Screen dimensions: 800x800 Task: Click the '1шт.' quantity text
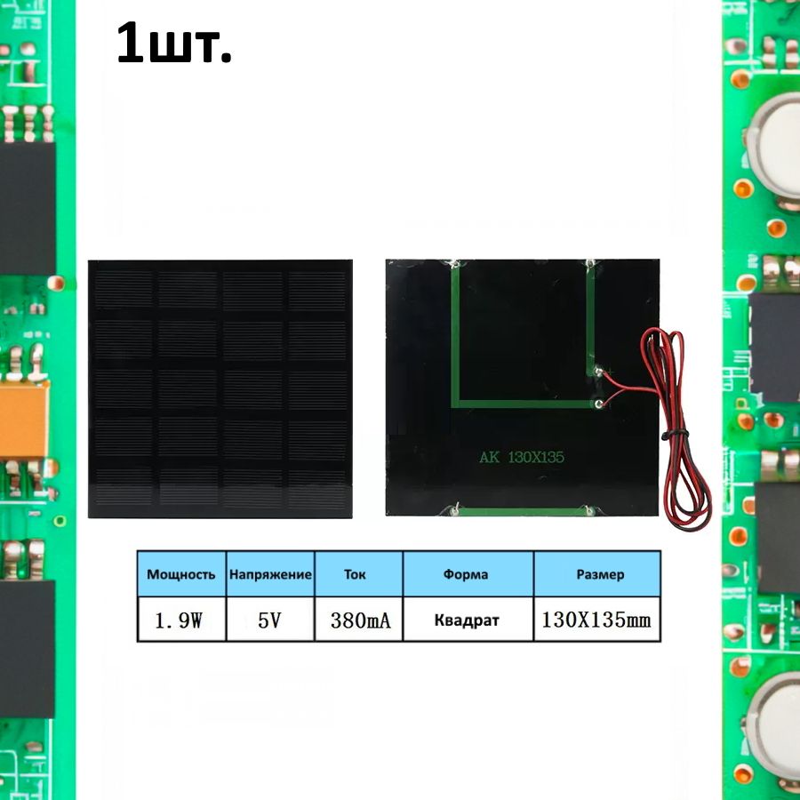[x=174, y=44]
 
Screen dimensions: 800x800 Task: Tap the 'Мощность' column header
[x=181, y=574]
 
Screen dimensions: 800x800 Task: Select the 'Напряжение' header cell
[x=270, y=574]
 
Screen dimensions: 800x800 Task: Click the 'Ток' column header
[x=355, y=574]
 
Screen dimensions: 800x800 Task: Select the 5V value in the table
[x=270, y=620]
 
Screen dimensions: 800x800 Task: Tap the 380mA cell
[x=359, y=620]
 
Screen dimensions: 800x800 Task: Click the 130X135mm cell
[x=596, y=620]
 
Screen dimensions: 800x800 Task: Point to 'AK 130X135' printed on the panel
[x=522, y=458]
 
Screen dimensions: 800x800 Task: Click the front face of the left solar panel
[x=220, y=388]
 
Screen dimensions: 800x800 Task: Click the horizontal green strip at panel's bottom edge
[x=522, y=511]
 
